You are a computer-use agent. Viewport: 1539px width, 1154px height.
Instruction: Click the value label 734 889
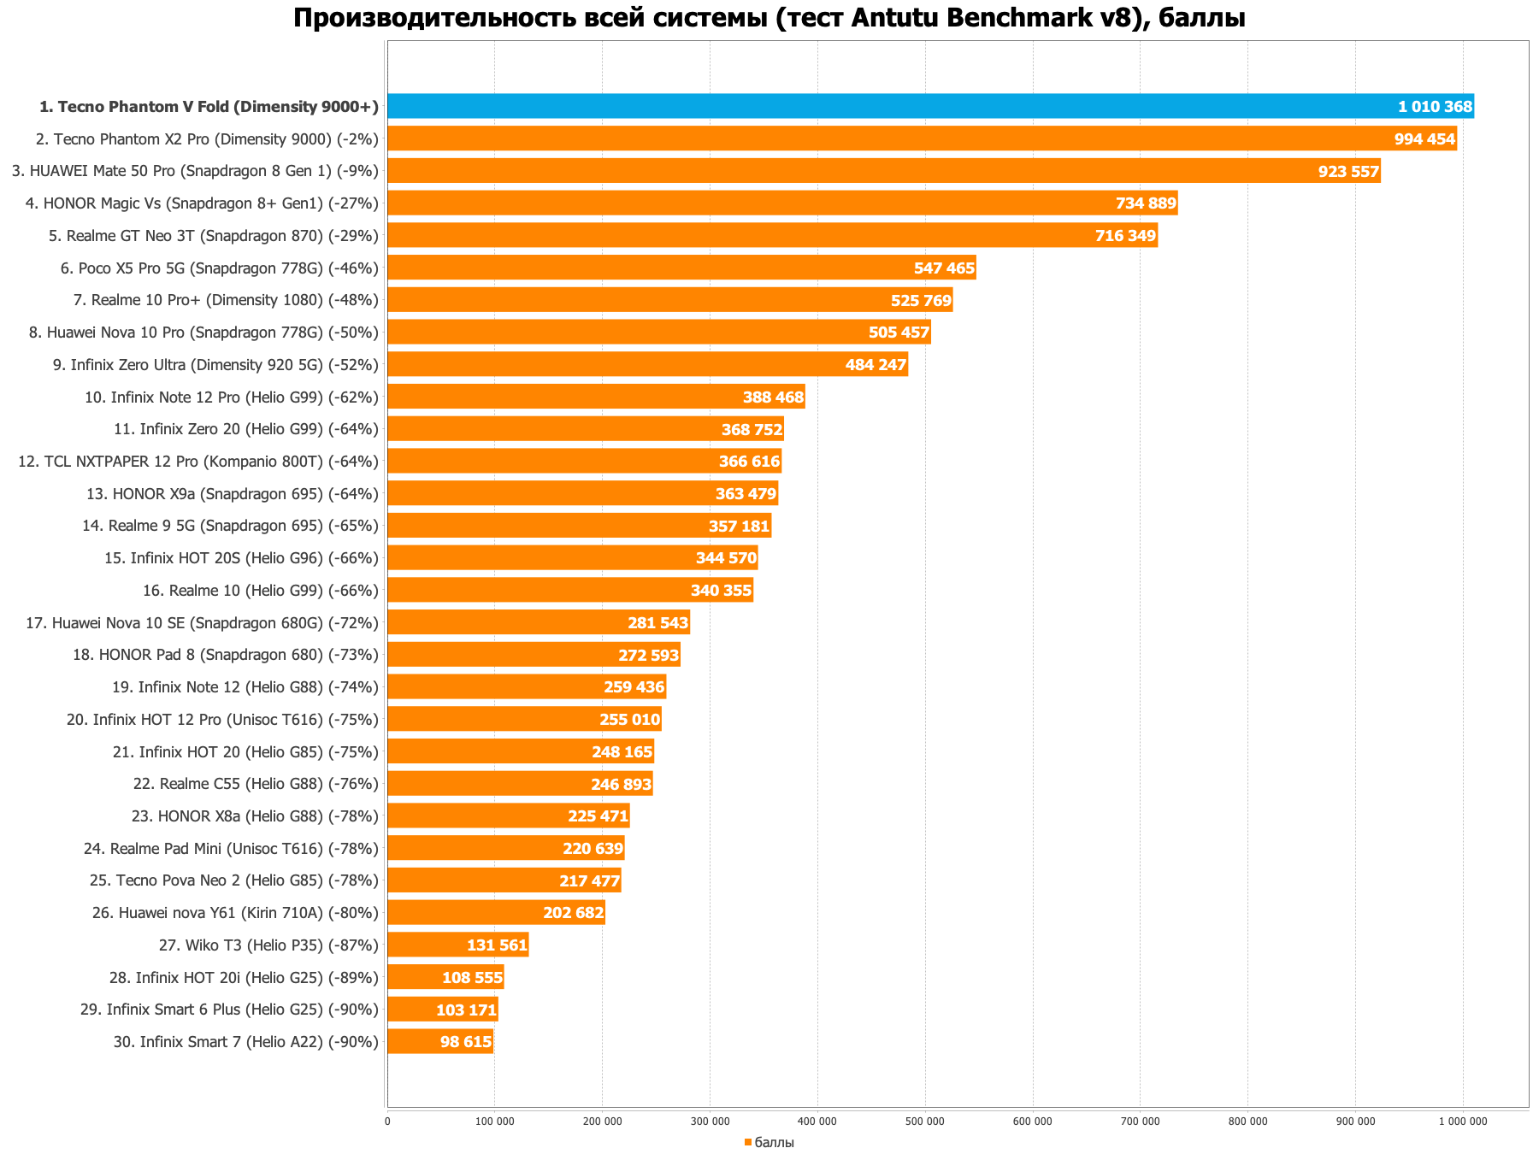1146,203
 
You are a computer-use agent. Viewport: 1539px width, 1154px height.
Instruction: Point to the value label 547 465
944,268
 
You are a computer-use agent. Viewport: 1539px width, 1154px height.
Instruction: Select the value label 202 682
573,913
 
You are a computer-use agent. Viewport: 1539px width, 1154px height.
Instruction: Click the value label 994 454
1424,139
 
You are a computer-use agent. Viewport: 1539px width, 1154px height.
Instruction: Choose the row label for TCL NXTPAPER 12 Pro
198,462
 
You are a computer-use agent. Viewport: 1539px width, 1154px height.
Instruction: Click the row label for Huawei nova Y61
235,913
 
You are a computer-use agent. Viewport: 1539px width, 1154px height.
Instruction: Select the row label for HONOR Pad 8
226,655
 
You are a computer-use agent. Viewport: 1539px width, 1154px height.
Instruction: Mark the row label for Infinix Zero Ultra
215,365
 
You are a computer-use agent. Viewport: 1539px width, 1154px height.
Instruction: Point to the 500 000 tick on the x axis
924,1121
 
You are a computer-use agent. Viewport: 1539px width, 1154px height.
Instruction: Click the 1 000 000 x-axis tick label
1462,1121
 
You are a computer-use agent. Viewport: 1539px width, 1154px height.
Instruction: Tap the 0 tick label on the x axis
387,1121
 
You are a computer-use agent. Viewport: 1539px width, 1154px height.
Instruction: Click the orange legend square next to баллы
748,1143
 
